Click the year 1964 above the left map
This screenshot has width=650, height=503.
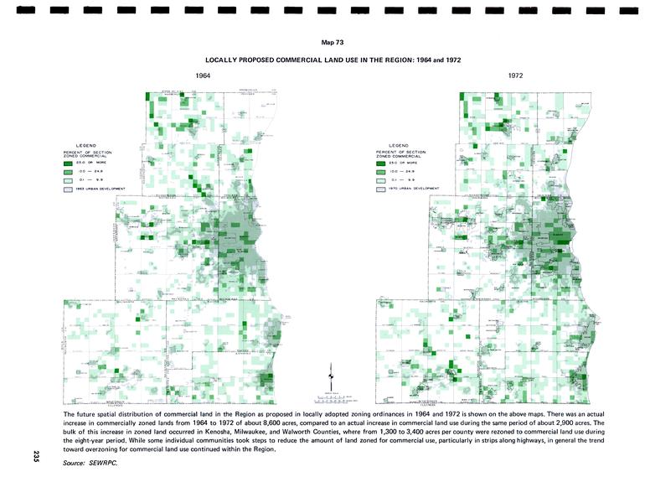203,76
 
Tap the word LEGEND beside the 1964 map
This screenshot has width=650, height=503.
86,146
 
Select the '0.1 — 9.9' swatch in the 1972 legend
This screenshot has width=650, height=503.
381,179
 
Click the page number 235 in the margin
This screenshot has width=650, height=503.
36,456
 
